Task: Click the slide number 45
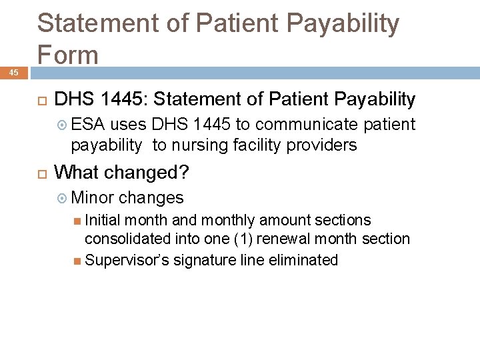[14, 72]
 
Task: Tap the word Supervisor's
[127, 260]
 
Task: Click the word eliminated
[303, 260]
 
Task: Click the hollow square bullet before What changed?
[41, 173]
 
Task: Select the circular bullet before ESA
[62, 125]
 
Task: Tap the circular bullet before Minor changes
[62, 197]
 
